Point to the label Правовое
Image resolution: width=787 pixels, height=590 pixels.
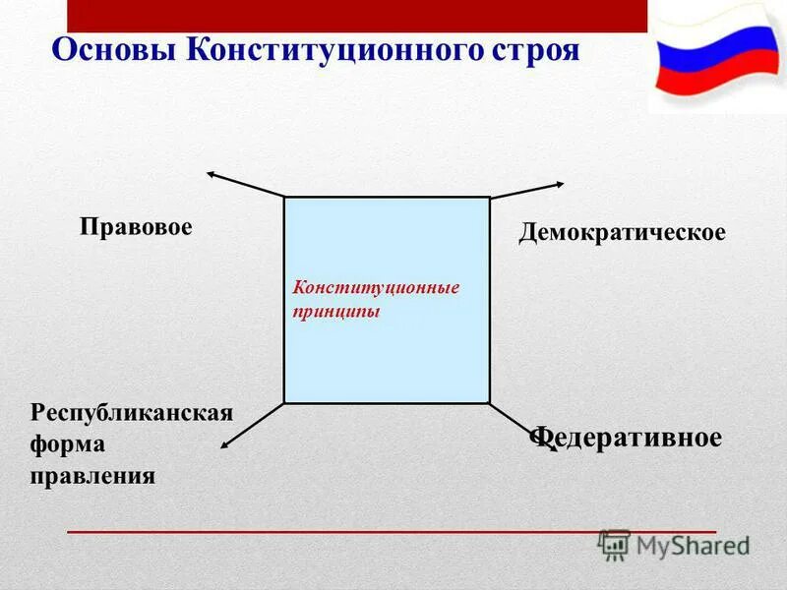click(136, 227)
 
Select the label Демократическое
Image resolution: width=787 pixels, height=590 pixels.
click(622, 233)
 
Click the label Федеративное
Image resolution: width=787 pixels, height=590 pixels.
click(628, 438)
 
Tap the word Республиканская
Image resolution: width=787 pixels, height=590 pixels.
click(132, 412)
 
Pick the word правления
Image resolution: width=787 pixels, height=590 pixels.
click(92, 477)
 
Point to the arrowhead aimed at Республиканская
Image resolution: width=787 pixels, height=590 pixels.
click(225, 446)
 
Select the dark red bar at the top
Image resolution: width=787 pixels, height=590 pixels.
click(357, 16)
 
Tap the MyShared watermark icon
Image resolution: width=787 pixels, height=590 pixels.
click(616, 545)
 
